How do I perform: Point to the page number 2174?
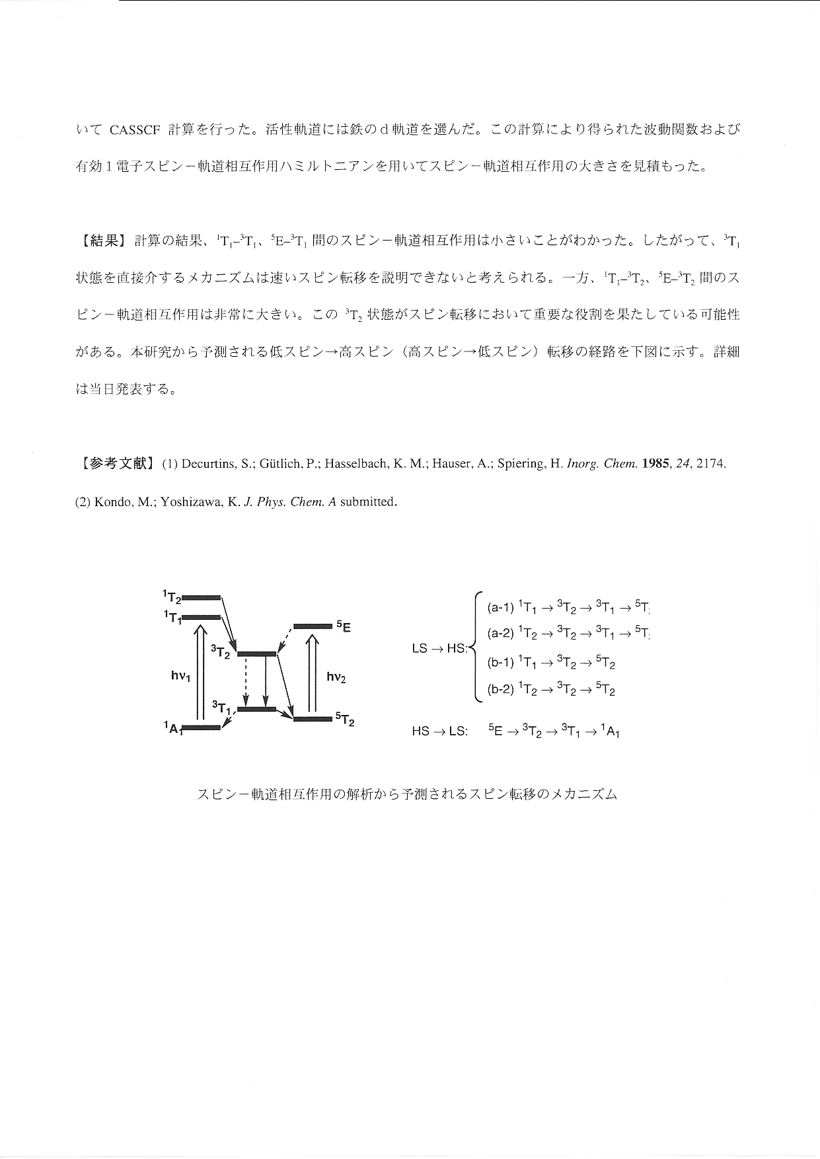711,464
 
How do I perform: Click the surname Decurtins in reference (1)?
207,464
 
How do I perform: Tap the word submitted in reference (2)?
367,502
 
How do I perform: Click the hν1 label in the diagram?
180,675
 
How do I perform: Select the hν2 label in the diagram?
336,677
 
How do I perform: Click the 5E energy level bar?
313,625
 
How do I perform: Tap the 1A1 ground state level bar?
201,728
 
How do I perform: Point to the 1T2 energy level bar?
201,597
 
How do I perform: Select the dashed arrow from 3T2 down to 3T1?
246,681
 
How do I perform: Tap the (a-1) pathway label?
500,607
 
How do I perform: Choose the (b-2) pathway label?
500,690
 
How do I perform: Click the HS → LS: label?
439,731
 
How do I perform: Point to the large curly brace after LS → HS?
476,648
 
